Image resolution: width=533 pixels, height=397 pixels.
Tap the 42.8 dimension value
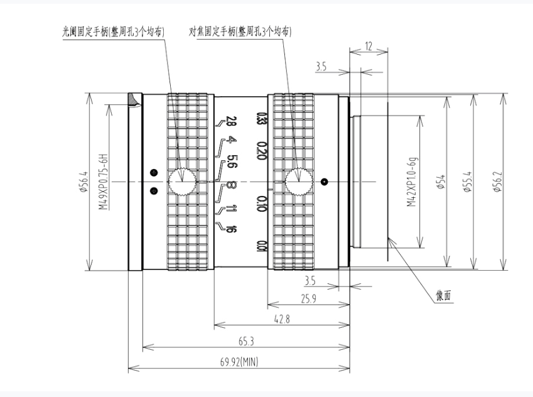[x=282, y=319]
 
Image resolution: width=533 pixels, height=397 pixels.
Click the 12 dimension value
[x=368, y=45]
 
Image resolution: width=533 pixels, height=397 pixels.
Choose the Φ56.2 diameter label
[x=497, y=182]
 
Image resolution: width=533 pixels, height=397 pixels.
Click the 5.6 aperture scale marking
[x=232, y=161]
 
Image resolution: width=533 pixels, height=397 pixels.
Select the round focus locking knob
[x=299, y=182]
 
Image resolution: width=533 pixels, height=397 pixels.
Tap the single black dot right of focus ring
[x=324, y=182]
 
